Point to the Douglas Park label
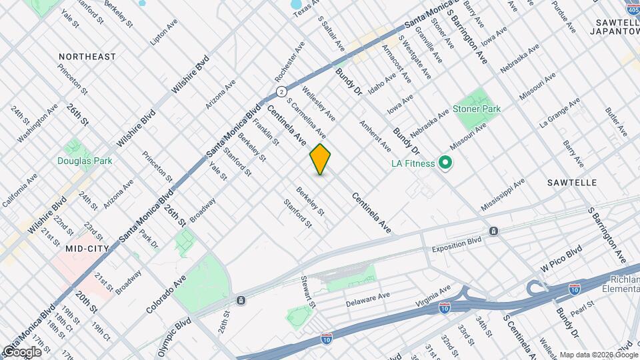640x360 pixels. point(85,161)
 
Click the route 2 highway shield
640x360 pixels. point(282,91)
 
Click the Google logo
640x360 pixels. point(21,351)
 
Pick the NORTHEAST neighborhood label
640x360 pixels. point(87,57)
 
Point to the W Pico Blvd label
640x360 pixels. point(561,257)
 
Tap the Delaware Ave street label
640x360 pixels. point(367,300)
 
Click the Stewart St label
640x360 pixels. point(307,292)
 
